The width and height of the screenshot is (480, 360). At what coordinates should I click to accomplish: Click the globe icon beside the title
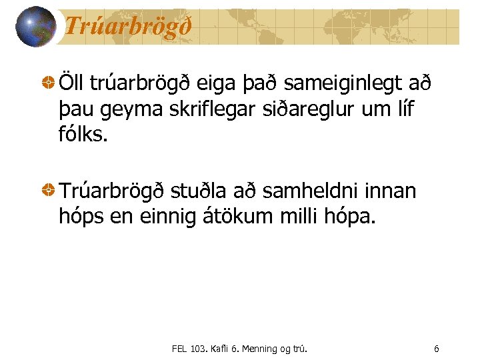point(35,27)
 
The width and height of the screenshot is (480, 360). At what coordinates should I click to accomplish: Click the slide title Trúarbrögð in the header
point(128,27)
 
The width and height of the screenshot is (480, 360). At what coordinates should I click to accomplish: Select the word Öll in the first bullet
point(74,85)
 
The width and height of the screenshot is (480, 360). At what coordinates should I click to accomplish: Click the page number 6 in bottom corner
point(436,348)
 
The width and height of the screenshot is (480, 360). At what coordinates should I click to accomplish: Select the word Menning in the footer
point(253,348)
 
